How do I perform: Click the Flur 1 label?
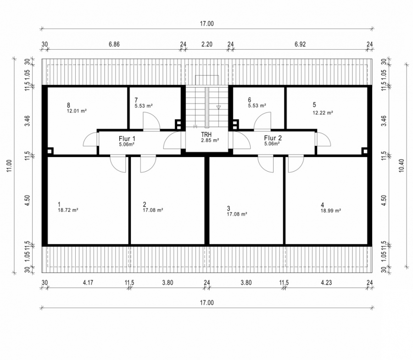click(127, 139)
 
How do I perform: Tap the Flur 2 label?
click(273, 138)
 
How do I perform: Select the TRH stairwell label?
click(206, 135)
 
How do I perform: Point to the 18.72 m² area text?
click(68, 210)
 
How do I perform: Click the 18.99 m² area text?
click(331, 211)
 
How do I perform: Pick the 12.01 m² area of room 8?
click(77, 111)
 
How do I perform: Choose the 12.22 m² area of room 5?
click(323, 113)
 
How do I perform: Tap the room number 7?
click(136, 100)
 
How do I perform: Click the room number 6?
click(250, 100)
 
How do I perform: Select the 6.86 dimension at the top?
click(114, 44)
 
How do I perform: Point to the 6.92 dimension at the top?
click(300, 44)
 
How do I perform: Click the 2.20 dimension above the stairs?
click(207, 44)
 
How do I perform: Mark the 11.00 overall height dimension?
click(9, 166)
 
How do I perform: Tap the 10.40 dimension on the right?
click(401, 166)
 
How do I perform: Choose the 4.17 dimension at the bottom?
click(88, 283)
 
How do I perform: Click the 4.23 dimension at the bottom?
click(326, 283)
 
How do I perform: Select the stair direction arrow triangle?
click(218, 107)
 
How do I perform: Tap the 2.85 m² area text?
click(210, 141)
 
